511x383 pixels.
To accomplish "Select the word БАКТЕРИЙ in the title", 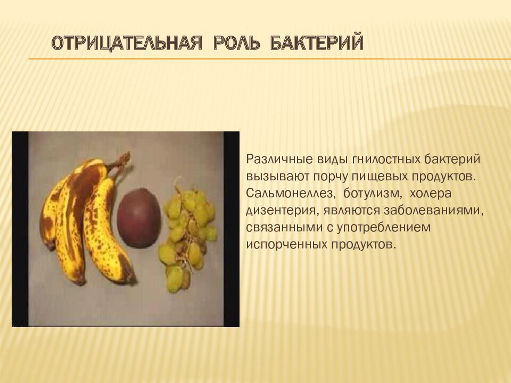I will click(317, 42).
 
